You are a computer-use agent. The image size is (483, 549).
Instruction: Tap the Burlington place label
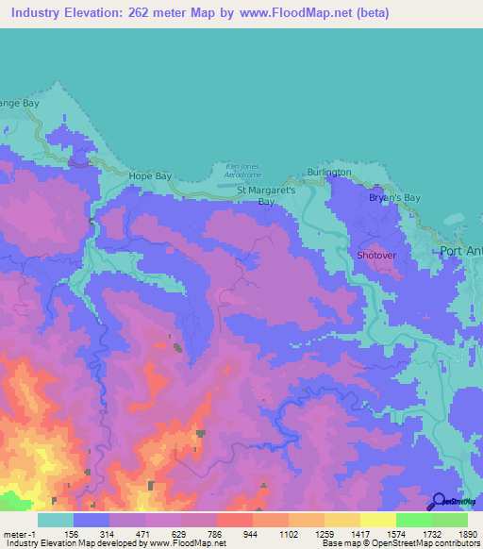(x=329, y=173)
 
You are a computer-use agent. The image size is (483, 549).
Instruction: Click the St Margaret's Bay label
(x=266, y=195)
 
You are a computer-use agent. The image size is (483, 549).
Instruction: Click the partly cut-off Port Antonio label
(x=461, y=251)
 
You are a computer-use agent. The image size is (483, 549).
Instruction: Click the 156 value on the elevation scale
(x=74, y=533)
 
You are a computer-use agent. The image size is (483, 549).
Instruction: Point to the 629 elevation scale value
(x=181, y=533)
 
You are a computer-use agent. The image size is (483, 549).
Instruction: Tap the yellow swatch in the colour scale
(x=377, y=520)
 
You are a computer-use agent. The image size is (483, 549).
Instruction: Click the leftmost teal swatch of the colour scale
(x=56, y=520)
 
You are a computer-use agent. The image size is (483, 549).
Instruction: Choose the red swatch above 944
(x=235, y=520)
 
